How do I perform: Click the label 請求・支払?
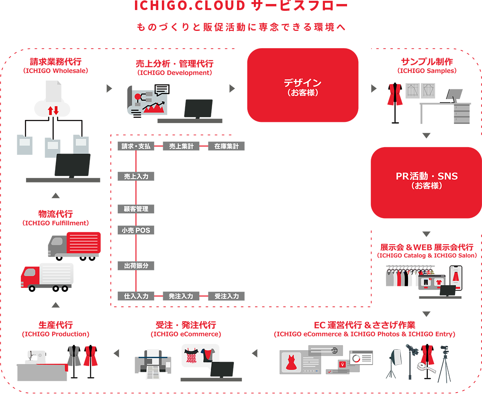[136, 146]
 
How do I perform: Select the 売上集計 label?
[181, 146]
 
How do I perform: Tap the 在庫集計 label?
[227, 146]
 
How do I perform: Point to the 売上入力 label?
[136, 176]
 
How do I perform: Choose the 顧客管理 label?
[136, 209]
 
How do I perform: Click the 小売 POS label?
[136, 231]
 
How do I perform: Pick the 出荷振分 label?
[136, 265]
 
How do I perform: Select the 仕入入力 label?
[136, 296]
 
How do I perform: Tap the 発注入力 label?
[181, 296]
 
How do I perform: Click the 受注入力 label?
[227, 296]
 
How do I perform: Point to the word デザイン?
[302, 83]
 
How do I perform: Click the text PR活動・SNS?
[427, 176]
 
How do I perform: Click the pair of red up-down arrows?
[53, 110]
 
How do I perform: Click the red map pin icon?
[342, 364]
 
